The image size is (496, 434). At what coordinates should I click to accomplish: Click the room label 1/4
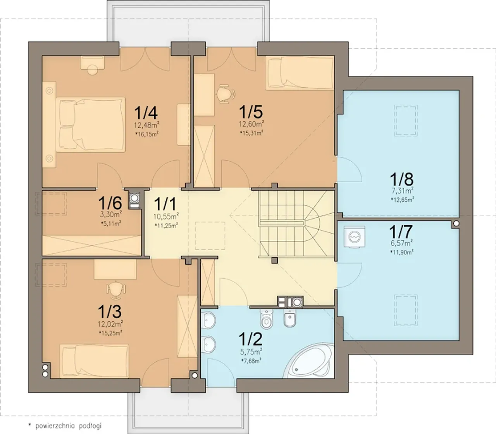point(146,113)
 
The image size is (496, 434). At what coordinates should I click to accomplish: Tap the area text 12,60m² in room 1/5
point(251,124)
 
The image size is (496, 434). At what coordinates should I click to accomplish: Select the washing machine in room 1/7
point(355,237)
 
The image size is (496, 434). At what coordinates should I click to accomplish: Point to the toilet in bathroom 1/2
point(266,319)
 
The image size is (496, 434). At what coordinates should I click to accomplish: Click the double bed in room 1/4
point(91,125)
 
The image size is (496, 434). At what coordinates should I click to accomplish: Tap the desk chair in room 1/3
point(116,290)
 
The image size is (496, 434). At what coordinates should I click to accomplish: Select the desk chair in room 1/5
point(226,94)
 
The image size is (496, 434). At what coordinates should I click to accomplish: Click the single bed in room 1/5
point(300,73)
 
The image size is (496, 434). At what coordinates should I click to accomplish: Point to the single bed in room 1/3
point(94,361)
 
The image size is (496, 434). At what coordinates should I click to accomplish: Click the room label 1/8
point(401,179)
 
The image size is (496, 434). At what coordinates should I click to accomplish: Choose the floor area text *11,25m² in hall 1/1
point(166,225)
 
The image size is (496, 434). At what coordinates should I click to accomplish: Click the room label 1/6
point(110,203)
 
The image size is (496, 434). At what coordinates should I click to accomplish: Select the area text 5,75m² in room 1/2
point(251,351)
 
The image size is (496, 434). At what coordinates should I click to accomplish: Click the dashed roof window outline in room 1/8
point(406,120)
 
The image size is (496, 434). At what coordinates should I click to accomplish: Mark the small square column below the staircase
point(274,260)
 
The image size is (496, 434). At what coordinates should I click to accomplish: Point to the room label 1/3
point(110,311)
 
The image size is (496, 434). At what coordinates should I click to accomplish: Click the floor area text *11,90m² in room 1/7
point(402,252)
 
